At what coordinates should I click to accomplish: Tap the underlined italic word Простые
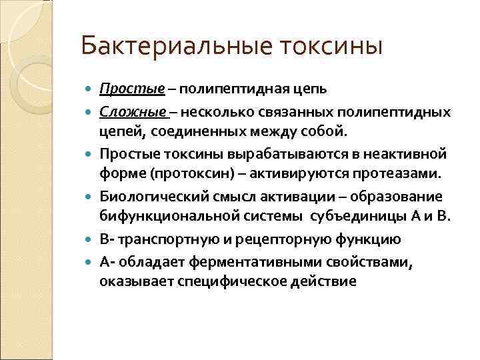pyautogui.click(x=123, y=90)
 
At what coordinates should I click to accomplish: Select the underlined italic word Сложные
pyautogui.click(x=124, y=110)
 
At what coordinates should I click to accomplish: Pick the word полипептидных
pyautogui.click(x=404, y=110)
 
